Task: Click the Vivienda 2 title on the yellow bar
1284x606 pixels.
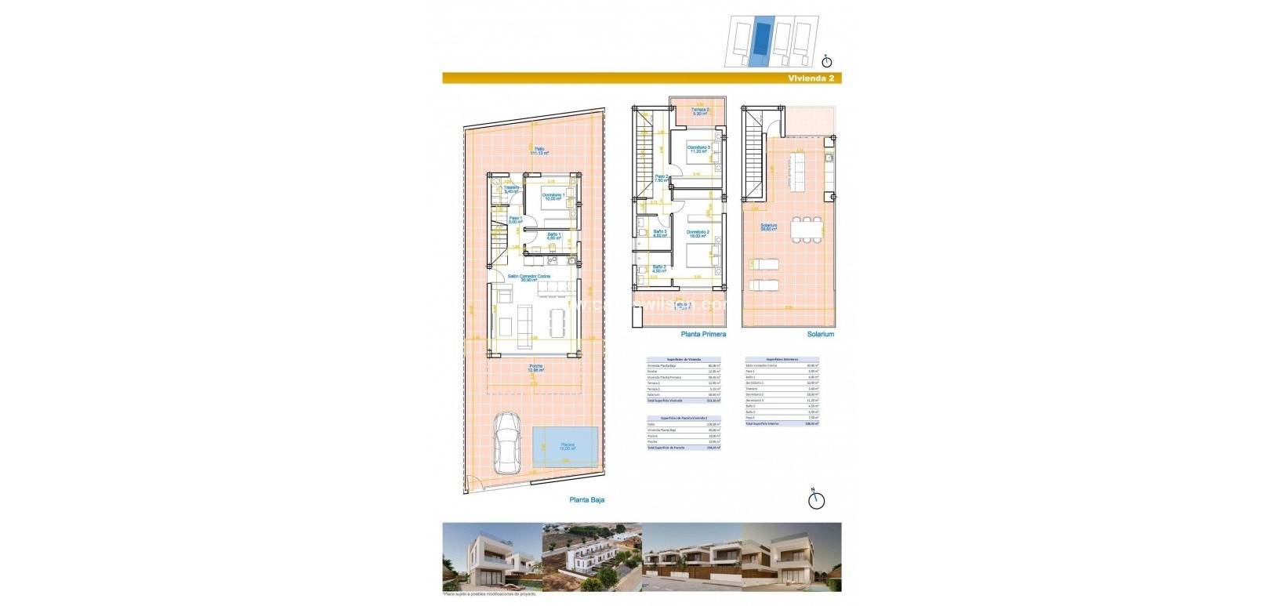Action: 811,78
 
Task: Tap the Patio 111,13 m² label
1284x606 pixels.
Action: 539,151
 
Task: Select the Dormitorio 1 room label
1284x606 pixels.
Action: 553,197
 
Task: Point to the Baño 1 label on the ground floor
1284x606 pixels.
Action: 553,235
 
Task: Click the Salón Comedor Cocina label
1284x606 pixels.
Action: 528,278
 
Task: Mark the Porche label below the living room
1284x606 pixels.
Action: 535,368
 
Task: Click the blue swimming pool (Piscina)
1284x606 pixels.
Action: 566,446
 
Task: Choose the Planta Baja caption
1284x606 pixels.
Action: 586,499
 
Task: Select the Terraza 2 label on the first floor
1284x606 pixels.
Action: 700,111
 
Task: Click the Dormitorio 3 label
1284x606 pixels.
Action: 698,149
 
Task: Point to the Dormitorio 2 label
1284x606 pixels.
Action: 698,234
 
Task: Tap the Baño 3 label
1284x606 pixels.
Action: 659,233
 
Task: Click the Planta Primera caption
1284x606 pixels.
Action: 703,334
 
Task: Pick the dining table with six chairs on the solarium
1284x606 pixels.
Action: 807,230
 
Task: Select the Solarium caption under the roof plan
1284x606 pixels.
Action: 820,334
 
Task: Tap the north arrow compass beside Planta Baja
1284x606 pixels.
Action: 816,499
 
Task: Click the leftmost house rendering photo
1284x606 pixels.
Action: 491,557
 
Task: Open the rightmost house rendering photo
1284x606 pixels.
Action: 792,557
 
